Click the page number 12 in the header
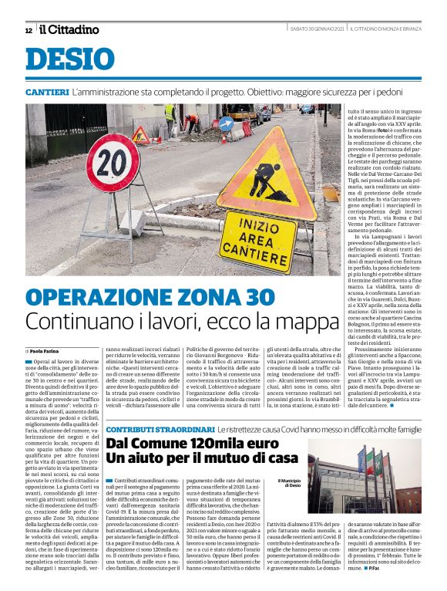pos(29,30)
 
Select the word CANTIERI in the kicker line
pos(47,92)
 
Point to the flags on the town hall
pos(373,463)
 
